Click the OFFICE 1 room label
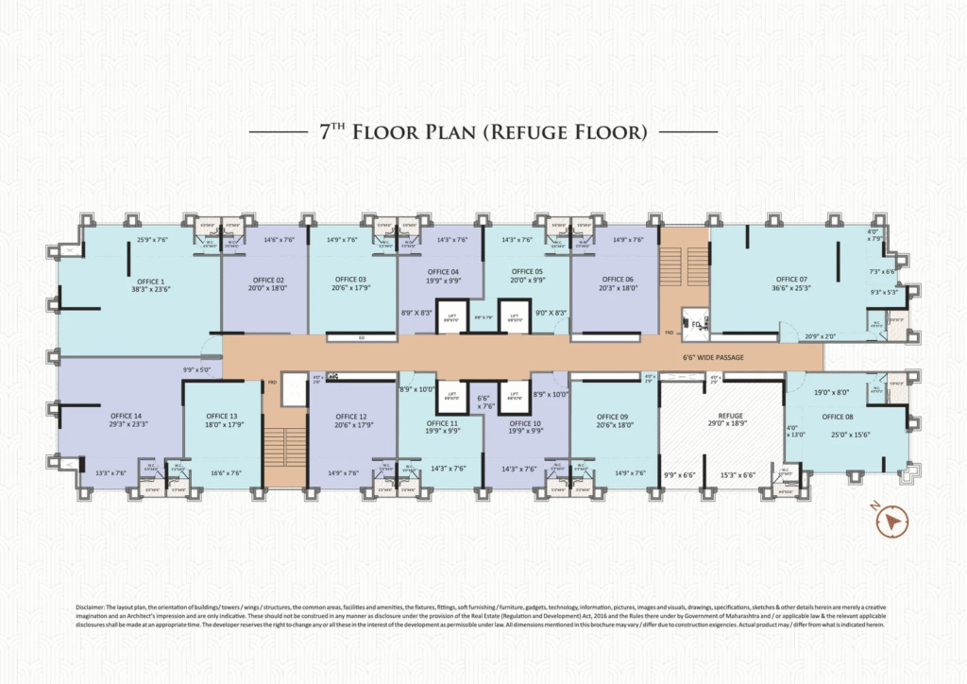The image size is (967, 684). (x=149, y=281)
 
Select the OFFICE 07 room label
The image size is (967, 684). (x=791, y=280)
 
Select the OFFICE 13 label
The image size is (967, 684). (x=221, y=417)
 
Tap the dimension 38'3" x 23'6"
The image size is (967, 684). (x=149, y=291)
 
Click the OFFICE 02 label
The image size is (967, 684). (x=268, y=280)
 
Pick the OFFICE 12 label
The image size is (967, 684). (x=350, y=417)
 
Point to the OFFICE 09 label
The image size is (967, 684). (x=612, y=417)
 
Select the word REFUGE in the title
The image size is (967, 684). (x=521, y=132)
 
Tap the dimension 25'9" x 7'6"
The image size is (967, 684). (x=152, y=240)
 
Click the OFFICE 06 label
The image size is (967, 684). (x=617, y=280)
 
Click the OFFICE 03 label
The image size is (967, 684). (x=350, y=280)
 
